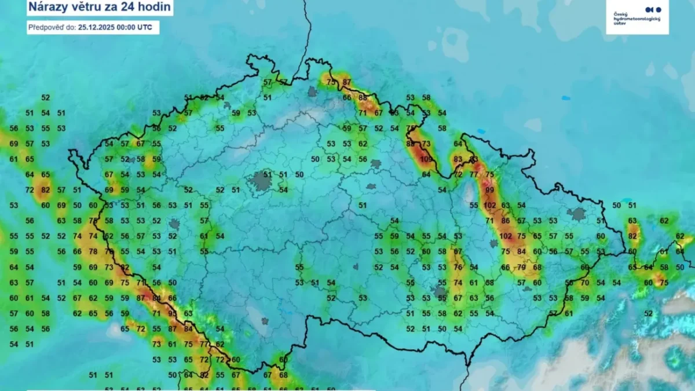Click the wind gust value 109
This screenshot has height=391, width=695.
(426, 159)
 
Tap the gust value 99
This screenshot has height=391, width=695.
(490, 190)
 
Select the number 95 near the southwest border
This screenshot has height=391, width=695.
(173, 313)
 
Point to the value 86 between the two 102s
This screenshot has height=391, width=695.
(506, 221)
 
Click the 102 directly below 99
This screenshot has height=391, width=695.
(490, 205)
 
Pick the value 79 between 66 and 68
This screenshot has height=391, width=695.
(521, 267)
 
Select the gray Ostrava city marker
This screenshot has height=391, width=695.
(577, 214)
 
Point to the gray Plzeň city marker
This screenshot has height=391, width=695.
(174, 224)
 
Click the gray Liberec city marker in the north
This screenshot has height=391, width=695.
(313, 92)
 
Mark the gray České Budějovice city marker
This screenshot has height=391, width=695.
(265, 320)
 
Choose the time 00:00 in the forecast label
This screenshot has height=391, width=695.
(126, 27)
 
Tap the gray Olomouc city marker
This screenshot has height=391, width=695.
(493, 244)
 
